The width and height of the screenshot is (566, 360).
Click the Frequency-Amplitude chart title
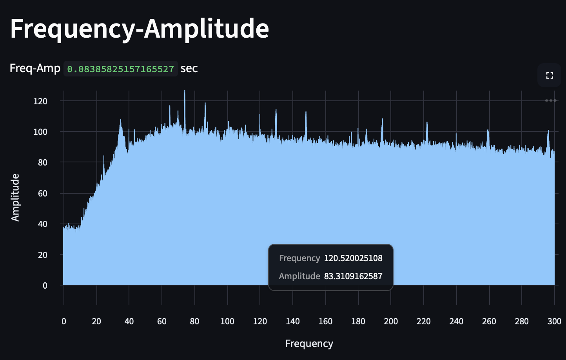pos(140,28)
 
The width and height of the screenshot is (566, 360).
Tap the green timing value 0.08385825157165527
pos(120,69)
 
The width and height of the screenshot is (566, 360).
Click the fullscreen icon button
pos(550,75)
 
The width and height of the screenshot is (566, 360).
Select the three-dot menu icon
pos(550,101)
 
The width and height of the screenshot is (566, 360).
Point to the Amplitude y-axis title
pos(15,198)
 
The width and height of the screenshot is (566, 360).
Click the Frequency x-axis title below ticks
pos(309,344)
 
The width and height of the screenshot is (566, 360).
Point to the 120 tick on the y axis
pos(40,101)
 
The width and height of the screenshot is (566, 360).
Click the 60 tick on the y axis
pos(42,193)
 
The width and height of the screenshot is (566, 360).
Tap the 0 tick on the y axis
pos(45,285)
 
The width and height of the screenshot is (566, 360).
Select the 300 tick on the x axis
pos(554,322)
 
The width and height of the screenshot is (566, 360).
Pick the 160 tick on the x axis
pos(325,322)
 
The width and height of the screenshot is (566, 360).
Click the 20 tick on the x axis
pos(96,322)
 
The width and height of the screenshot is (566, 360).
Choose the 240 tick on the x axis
pos(456,322)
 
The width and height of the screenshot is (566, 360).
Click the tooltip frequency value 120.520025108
pos(353,258)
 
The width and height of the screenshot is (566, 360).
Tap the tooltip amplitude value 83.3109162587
pos(353,276)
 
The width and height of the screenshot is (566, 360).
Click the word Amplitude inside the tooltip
pos(299,276)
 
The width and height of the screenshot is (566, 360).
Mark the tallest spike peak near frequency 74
pos(185,91)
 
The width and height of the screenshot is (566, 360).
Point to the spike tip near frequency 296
pos(548,131)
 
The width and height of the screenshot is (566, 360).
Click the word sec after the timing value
pos(189,69)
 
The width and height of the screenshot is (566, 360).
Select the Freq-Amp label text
pos(35,69)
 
